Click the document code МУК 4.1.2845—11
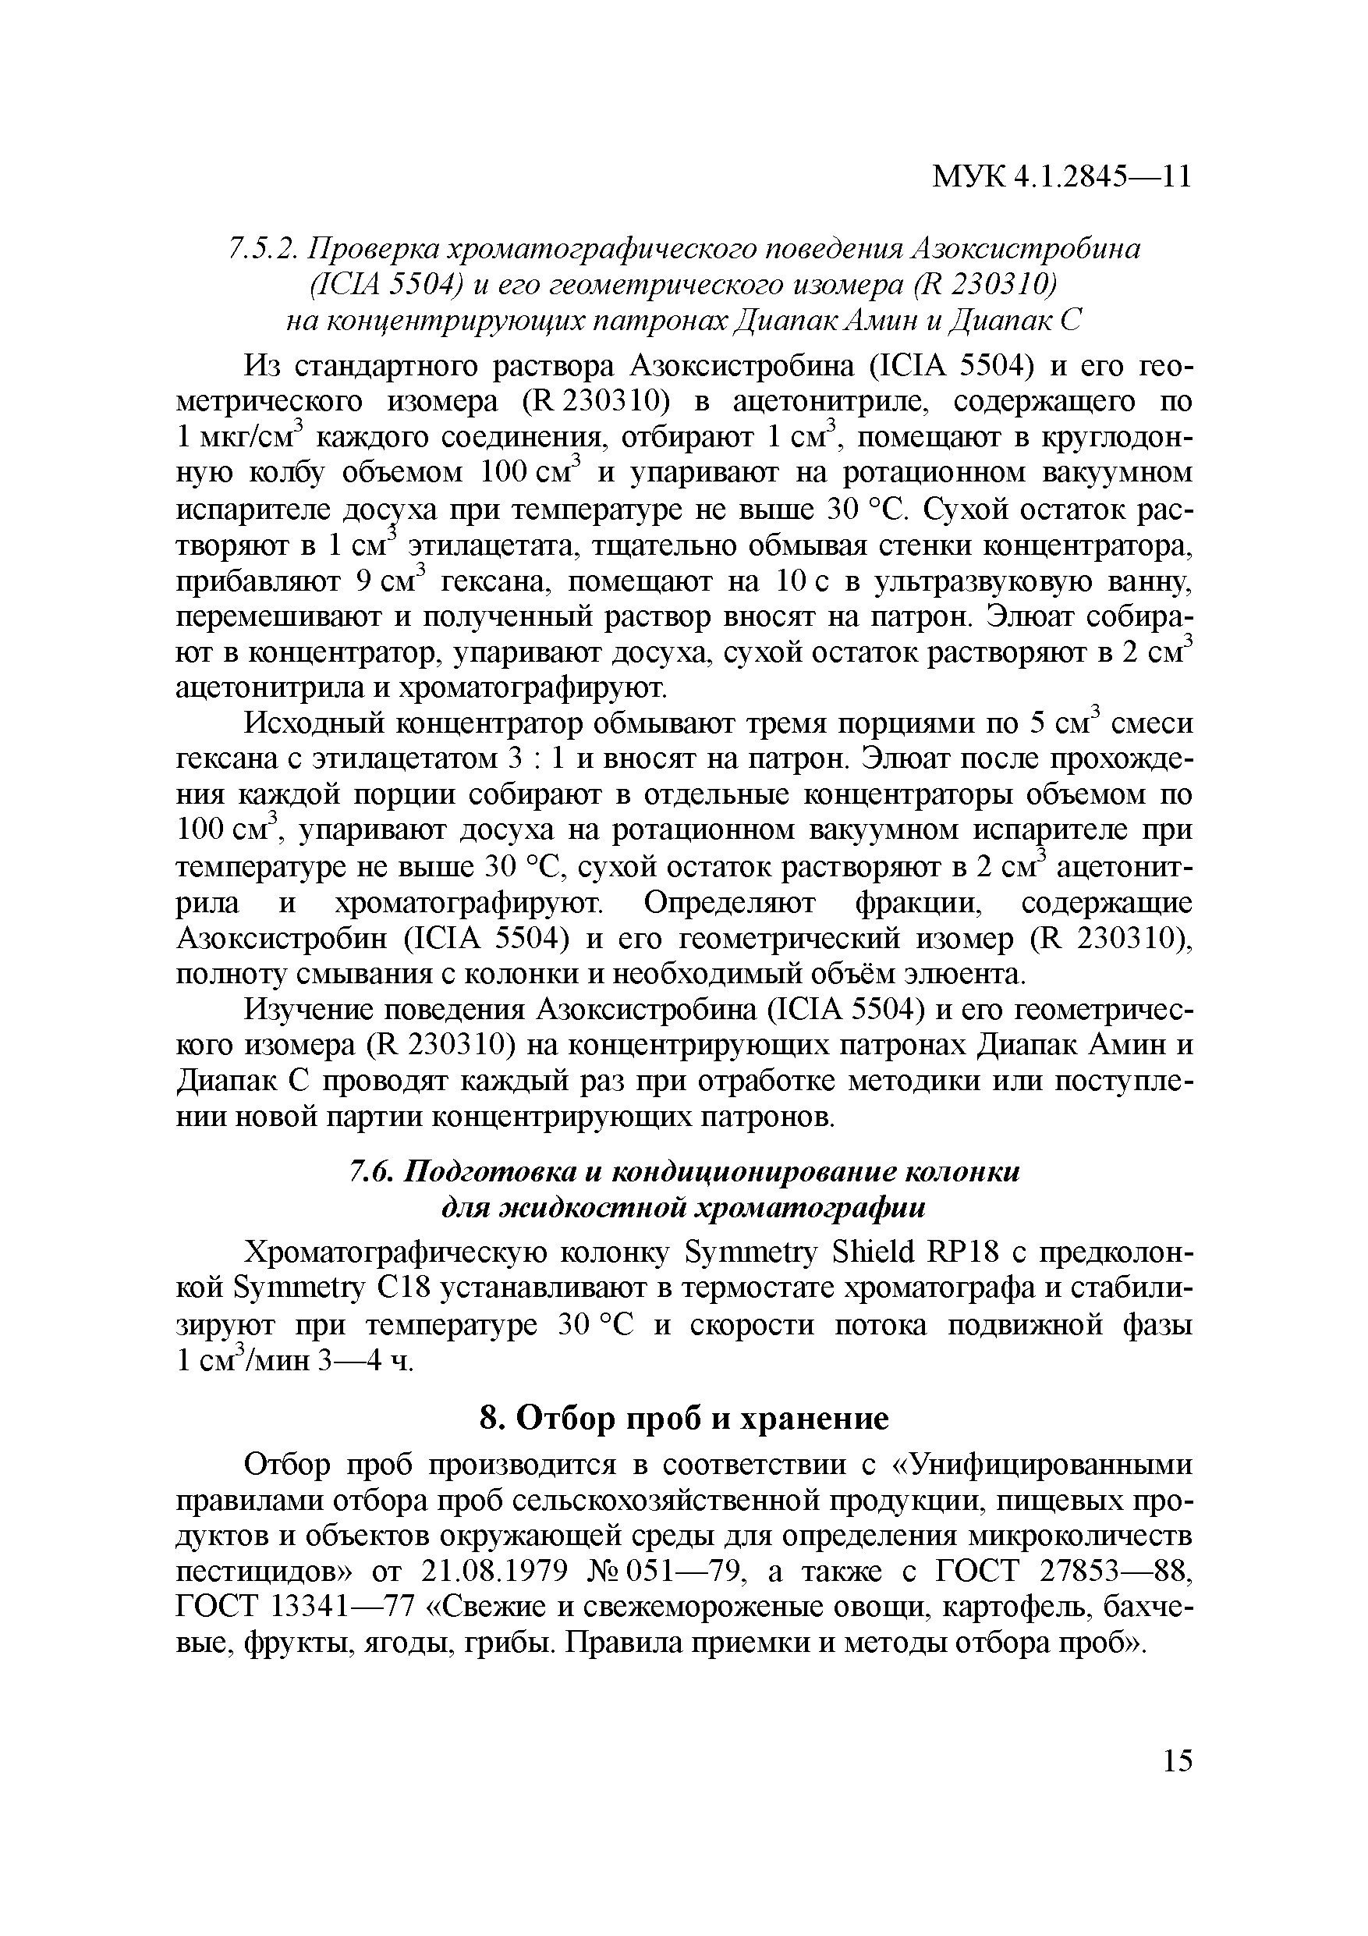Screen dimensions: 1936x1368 point(1061,177)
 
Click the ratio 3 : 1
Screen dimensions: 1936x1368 point(536,759)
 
